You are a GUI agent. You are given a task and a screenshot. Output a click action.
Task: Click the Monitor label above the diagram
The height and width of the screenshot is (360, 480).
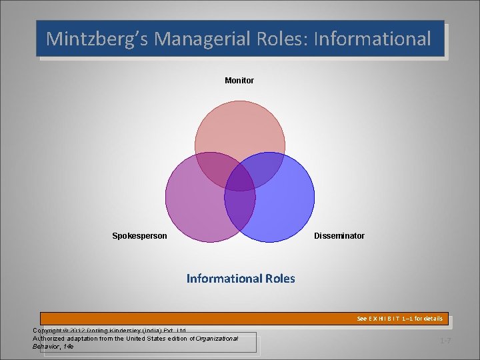(x=239, y=81)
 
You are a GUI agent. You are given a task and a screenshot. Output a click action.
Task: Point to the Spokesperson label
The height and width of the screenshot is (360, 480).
(x=139, y=236)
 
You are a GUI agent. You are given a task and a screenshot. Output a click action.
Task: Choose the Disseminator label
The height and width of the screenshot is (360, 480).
(x=339, y=236)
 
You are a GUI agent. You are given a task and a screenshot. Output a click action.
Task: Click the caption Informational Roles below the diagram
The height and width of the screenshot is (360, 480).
(x=240, y=278)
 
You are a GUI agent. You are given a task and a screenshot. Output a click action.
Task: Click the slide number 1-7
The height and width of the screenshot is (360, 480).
(x=445, y=341)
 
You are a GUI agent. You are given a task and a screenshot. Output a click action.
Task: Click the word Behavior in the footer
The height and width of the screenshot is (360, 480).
(x=46, y=347)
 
